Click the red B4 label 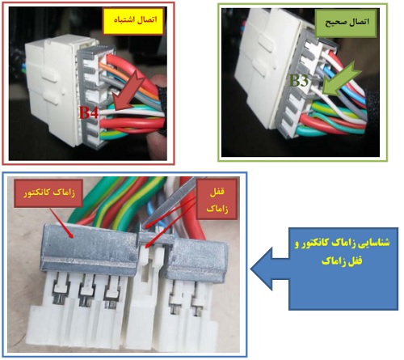coord(89,112)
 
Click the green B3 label coord(299,80)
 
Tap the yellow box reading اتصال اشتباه coord(133,21)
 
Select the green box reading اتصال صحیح coord(347,23)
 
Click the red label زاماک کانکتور coord(48,193)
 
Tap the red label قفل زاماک coord(217,199)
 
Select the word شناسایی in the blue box coord(372,243)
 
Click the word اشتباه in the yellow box coord(124,21)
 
